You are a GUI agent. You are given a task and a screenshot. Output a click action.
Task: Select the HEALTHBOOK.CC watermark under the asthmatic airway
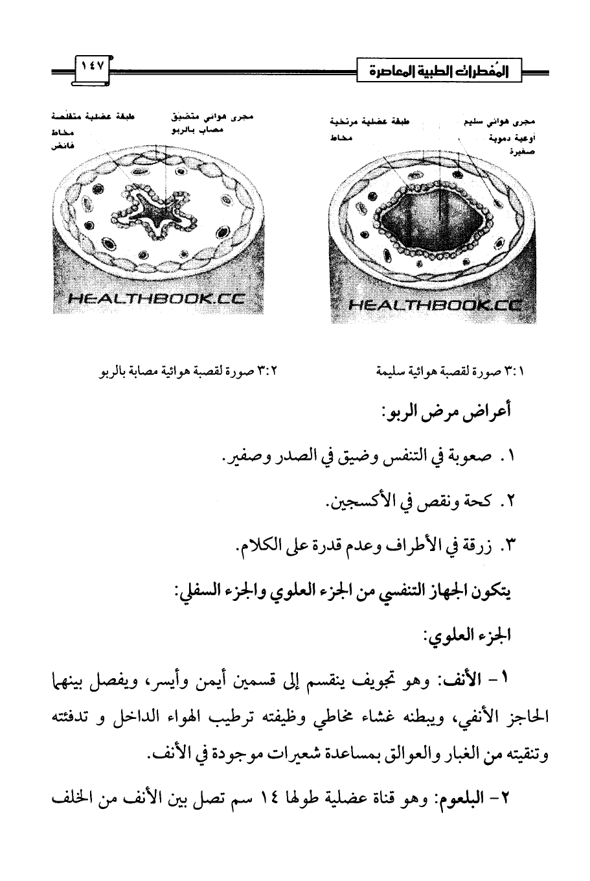pos(155,299)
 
